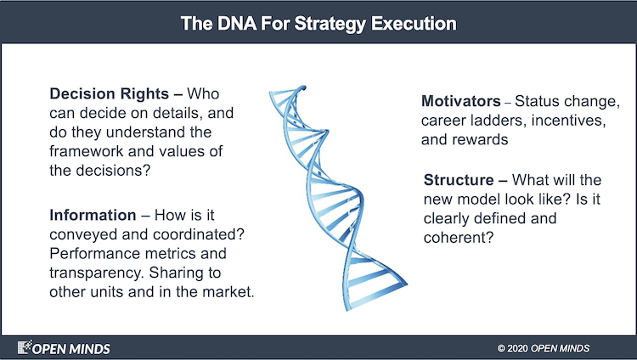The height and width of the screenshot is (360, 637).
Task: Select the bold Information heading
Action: click(x=93, y=216)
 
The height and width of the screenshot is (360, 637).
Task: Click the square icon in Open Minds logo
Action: click(x=25, y=347)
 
